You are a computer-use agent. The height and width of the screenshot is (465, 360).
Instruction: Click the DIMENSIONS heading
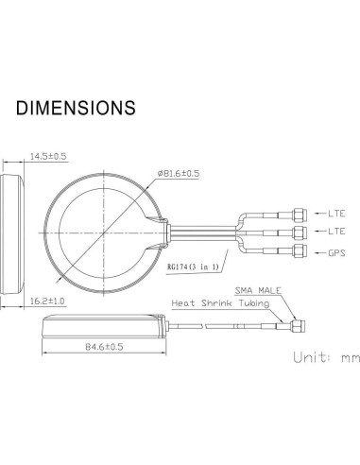pyautogui.click(x=76, y=108)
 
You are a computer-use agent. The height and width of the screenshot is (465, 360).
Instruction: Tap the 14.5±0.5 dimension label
pyautogui.click(x=48, y=156)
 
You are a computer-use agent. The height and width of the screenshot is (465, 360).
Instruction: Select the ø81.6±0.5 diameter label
pyautogui.click(x=179, y=173)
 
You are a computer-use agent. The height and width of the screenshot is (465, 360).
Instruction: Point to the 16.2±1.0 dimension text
pyautogui.click(x=47, y=301)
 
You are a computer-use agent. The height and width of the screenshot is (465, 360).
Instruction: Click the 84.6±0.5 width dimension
pyautogui.click(x=104, y=347)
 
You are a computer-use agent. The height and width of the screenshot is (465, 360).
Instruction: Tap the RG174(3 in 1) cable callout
pyautogui.click(x=193, y=267)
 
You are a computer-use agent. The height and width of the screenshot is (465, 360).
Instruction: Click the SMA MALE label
pyautogui.click(x=258, y=290)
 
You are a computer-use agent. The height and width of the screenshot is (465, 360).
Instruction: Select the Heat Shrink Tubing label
pyautogui.click(x=220, y=303)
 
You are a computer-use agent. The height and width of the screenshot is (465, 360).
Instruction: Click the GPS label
pyautogui.click(x=336, y=253)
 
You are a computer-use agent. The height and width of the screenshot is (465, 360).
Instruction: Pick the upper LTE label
pyautogui.click(x=336, y=214)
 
